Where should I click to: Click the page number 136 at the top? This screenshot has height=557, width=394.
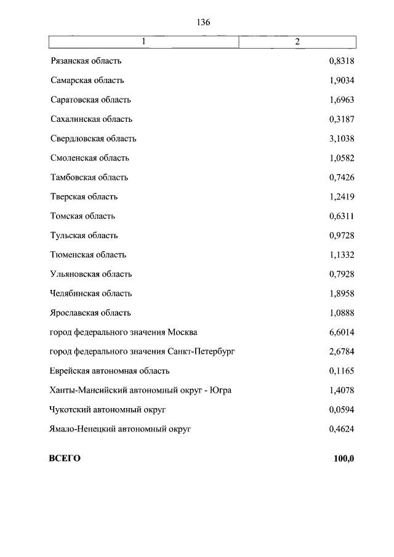coord(204,22)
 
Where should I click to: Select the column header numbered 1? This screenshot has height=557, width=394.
coord(143,41)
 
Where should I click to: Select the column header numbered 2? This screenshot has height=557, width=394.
coord(297,41)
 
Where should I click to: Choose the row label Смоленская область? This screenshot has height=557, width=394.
coord(89,158)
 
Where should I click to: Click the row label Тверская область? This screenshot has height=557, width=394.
coord(84,197)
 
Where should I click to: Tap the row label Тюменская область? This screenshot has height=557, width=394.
coord(88,255)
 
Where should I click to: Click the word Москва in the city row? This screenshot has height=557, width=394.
coord(182,332)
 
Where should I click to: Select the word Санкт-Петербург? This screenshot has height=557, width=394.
coord(201,351)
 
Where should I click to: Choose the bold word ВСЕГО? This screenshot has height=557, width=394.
coord(65,459)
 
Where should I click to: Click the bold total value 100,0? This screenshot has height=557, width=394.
coord(344,459)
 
